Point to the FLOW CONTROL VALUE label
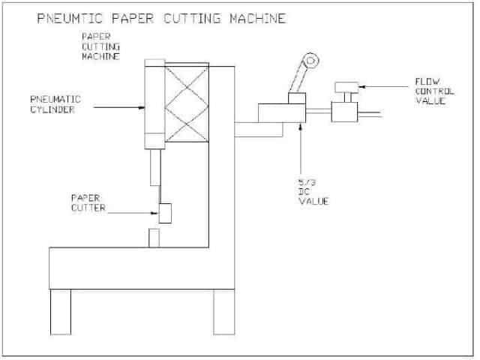pos(436,90)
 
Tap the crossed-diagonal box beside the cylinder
pos(184,100)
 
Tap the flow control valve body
pos(344,113)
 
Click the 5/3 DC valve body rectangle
pos(279,113)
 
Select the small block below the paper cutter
pos(154,238)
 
